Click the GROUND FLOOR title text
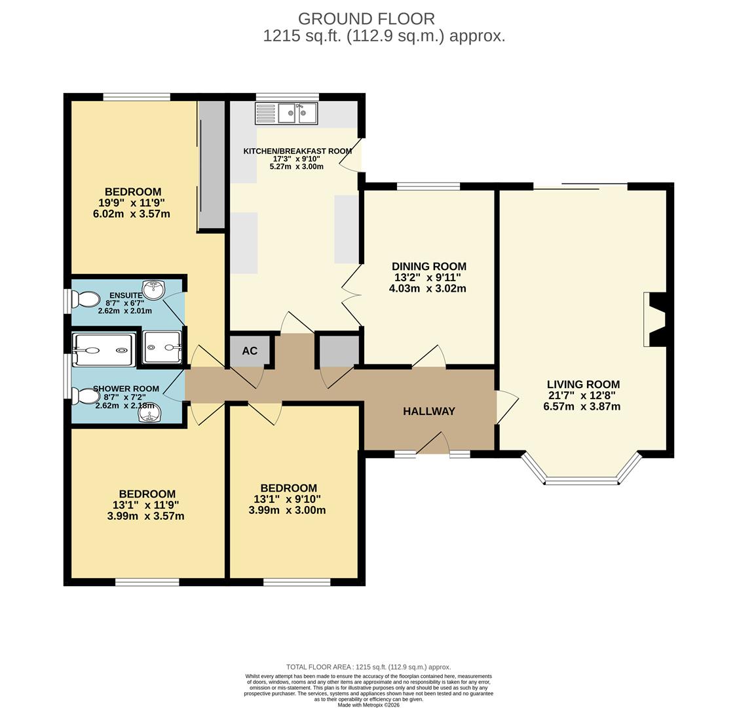point(366,19)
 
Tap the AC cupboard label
point(250,351)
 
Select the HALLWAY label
point(429,411)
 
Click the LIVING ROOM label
point(583,384)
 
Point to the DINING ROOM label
point(429,266)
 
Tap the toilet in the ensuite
point(85,299)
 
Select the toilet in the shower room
point(85,396)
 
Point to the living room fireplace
point(654,319)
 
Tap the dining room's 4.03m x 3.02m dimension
point(428,288)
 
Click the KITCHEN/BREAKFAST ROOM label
point(297,151)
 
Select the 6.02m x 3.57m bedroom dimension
point(132,214)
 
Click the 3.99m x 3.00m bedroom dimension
point(287,510)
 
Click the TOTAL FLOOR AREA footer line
point(368,667)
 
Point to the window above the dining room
point(428,186)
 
